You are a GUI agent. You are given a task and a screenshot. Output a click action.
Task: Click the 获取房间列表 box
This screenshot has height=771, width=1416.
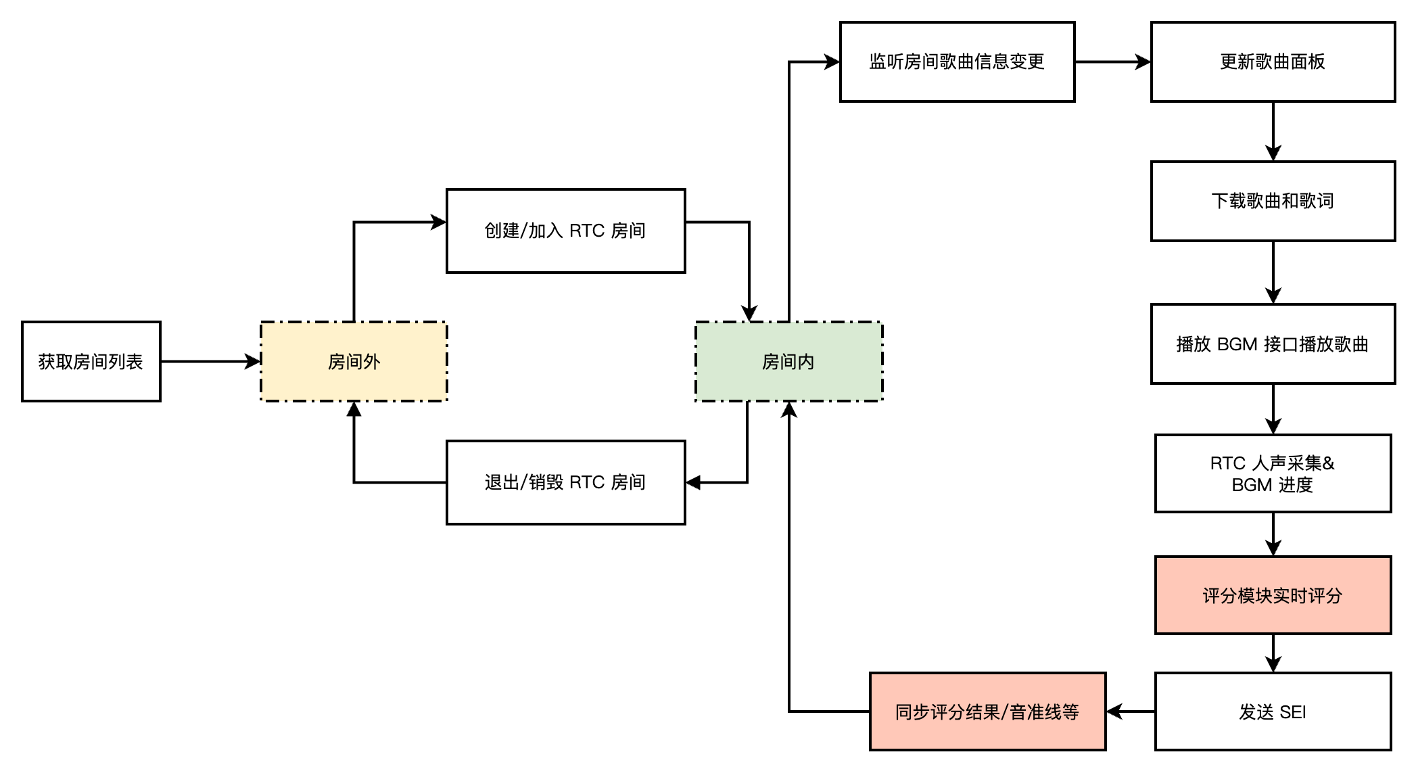point(91,362)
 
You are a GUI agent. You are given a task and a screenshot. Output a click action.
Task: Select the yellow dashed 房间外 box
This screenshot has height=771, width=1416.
point(354,362)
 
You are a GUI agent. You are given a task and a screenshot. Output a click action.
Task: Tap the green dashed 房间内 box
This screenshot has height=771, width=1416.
point(788,362)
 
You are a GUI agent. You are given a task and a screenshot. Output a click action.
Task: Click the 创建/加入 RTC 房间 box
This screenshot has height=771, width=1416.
point(565,231)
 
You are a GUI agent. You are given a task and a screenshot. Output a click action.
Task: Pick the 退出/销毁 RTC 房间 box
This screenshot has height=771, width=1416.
point(565,482)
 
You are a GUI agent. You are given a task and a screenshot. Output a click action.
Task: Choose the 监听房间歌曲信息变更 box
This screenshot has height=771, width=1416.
point(957,62)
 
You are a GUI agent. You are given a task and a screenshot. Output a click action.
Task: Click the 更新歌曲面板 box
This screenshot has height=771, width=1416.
point(1273,62)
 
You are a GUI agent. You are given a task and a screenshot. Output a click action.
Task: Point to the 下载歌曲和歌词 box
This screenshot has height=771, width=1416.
point(1273,201)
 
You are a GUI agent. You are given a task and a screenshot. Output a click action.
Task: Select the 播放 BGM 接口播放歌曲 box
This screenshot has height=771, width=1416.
point(1273,344)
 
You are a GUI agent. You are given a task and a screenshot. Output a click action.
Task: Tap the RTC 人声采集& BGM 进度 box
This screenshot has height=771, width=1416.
point(1273,473)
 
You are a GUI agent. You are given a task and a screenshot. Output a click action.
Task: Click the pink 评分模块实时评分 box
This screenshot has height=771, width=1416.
point(1273,595)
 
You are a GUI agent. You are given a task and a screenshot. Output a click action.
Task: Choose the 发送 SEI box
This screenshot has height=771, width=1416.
point(1273,711)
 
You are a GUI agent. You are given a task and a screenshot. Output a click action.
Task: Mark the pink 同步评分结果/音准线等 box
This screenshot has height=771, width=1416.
point(987,711)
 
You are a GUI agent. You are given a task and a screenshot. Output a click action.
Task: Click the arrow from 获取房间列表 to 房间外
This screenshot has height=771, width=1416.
point(210,362)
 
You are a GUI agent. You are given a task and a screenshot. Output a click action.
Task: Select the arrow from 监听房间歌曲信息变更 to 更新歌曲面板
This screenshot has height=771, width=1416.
point(1112,62)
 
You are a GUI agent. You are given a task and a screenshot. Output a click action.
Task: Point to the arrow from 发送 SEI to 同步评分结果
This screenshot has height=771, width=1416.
point(1131,711)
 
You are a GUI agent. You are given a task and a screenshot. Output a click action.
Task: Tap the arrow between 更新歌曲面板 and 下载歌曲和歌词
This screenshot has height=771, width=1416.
point(1273,132)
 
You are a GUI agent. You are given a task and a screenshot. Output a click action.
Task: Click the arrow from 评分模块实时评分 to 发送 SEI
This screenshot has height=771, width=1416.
point(1273,653)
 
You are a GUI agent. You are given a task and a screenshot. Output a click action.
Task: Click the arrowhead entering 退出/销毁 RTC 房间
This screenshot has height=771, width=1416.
point(694,483)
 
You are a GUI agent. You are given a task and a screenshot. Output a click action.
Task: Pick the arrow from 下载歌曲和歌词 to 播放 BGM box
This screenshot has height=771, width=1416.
point(1273,273)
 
